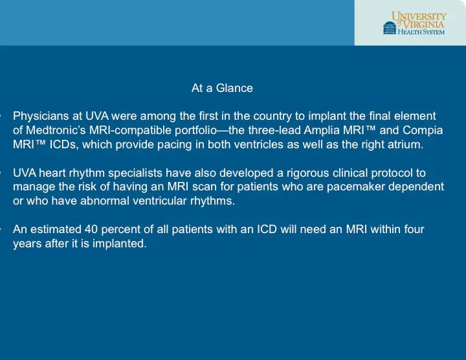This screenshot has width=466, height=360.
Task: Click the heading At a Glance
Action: (222, 88)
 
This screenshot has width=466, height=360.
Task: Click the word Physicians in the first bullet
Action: (39, 117)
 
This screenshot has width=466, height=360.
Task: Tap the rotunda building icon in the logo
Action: (389, 28)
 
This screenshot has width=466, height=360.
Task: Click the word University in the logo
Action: (419, 16)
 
